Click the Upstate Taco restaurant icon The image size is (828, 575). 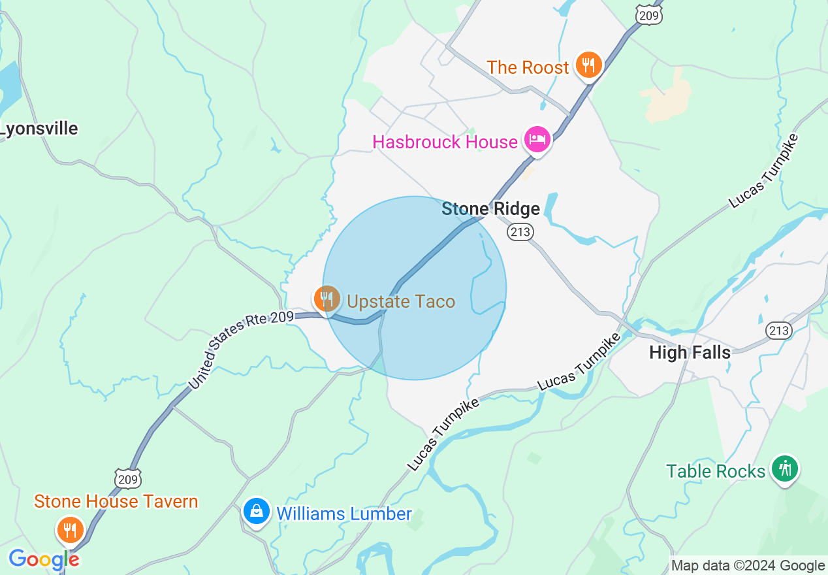[326, 299]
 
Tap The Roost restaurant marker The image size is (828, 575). [589, 65]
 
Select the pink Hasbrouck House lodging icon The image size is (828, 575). [537, 140]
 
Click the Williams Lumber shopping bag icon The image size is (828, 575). [257, 512]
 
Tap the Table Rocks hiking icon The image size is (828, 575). [784, 469]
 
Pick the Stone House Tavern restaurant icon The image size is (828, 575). [69, 530]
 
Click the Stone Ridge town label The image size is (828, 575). [490, 209]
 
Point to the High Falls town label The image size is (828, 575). [690, 353]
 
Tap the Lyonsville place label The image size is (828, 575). [39, 129]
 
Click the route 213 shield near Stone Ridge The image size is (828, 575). [520, 232]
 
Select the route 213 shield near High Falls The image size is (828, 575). [778, 330]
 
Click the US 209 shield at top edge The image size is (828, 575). [650, 14]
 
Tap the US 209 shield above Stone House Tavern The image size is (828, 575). [127, 479]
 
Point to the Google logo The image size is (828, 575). [44, 559]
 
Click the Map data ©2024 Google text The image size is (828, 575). [748, 566]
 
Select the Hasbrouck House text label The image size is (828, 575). [445, 142]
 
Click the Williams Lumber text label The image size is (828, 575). [344, 514]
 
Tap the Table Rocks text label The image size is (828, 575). [716, 471]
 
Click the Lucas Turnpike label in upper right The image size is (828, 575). [764, 171]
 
